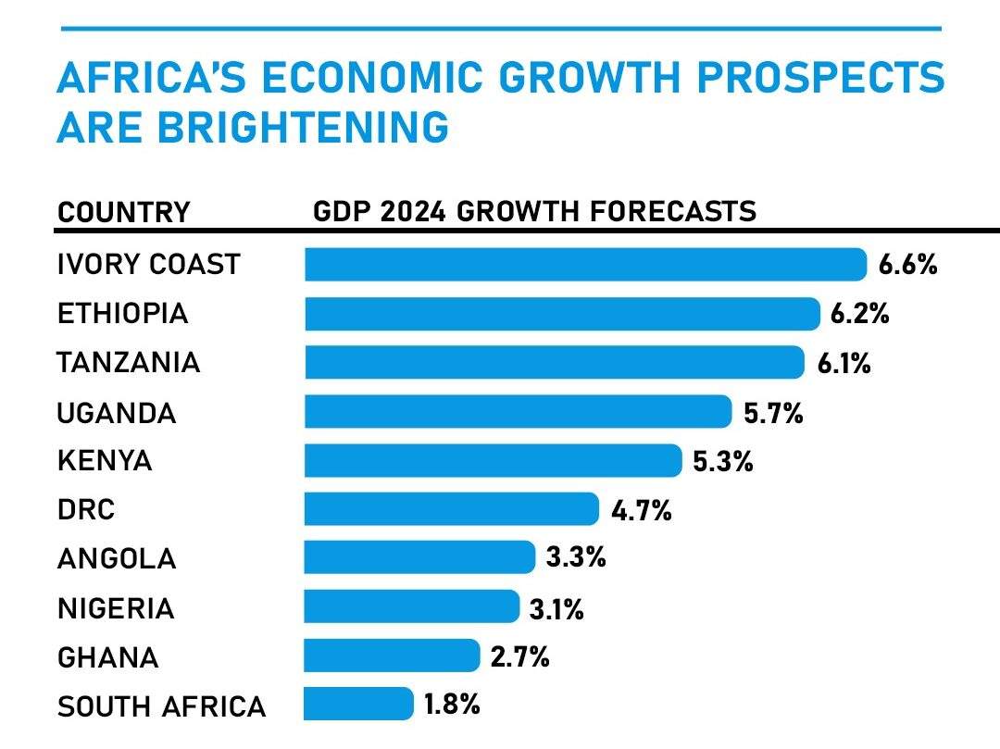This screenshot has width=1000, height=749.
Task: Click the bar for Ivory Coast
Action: (585, 265)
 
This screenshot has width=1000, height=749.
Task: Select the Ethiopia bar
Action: (562, 314)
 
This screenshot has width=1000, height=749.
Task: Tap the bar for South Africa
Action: (358, 704)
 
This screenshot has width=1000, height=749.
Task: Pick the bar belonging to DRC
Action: (452, 509)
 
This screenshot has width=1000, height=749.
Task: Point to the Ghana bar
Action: (392, 655)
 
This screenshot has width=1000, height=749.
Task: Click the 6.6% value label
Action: (908, 266)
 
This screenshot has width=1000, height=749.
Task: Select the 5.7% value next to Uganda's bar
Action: (773, 412)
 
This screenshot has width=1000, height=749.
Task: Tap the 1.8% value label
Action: (452, 705)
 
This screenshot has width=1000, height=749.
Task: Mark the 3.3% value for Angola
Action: (576, 557)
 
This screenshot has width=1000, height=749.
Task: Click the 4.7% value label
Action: (641, 509)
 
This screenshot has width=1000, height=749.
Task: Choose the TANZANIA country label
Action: (129, 363)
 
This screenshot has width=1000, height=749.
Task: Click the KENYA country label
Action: (105, 461)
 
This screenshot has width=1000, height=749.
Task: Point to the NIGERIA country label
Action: (116, 608)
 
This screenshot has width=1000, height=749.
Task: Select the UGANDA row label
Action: (117, 413)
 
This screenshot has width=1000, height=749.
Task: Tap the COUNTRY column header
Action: (123, 212)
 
